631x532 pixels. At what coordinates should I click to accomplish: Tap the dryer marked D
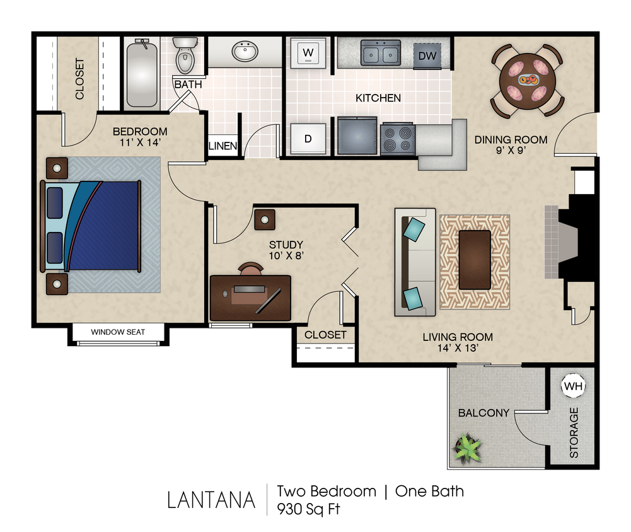pos(308,139)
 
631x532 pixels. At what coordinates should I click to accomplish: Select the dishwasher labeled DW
pos(427,56)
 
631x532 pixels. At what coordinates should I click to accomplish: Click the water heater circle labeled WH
pos(573,385)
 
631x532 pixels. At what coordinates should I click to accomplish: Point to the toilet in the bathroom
pos(185,56)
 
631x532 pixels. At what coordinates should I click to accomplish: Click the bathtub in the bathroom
pos(141,73)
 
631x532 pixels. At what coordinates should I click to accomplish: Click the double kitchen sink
pos(381,53)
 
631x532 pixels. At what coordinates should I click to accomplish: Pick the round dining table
pos(528,80)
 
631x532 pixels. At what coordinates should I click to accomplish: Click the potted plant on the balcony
pos(468,448)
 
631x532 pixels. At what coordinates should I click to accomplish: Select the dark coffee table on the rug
pos(475,260)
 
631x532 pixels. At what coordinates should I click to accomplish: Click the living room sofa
pos(415,262)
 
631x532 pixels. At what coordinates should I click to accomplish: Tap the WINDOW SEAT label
pos(118,332)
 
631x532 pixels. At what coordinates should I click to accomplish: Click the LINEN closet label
pos(223,146)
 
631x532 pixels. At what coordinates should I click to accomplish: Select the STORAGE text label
pos(574,432)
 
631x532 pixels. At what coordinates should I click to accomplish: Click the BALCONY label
pos(483,413)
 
